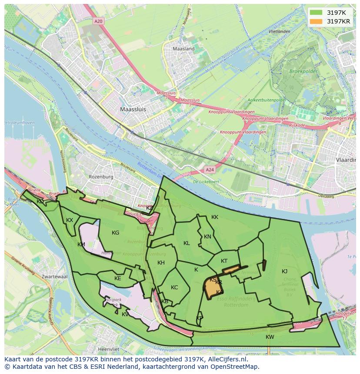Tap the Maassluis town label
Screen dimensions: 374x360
point(133,109)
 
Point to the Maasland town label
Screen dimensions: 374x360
point(183,49)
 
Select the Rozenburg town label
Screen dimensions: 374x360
point(101,177)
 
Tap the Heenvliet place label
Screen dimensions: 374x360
point(109,349)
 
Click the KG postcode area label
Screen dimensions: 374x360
point(115,233)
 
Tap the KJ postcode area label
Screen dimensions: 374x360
point(284,271)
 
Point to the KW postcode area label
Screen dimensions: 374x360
point(270,337)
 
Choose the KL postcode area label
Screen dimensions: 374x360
point(187,243)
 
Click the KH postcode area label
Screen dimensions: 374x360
point(161,263)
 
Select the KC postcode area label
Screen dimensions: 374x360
point(174,288)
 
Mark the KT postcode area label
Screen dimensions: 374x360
point(224,261)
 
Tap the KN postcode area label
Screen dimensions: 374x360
point(207,237)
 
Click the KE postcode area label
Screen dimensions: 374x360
point(117,278)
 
